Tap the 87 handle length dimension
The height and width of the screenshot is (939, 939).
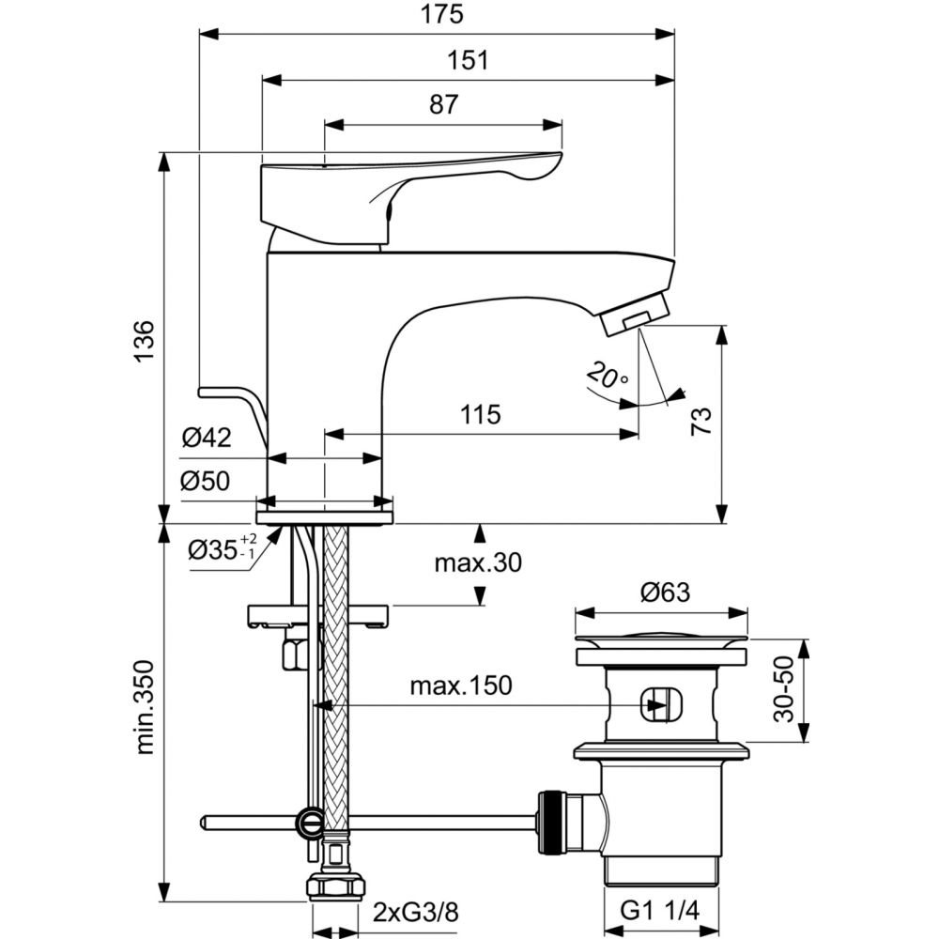(x=443, y=104)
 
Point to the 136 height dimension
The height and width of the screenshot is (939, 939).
(x=143, y=341)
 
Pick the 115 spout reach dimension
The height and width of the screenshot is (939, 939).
(x=480, y=414)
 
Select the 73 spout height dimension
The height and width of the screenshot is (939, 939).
(x=701, y=420)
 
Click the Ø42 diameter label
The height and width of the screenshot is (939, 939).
(x=207, y=437)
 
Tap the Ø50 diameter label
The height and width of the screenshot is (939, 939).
(x=207, y=481)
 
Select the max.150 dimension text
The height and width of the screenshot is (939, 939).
(x=461, y=685)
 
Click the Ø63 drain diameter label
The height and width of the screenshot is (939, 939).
(x=665, y=593)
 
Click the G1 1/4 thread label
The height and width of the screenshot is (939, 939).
(x=661, y=912)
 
